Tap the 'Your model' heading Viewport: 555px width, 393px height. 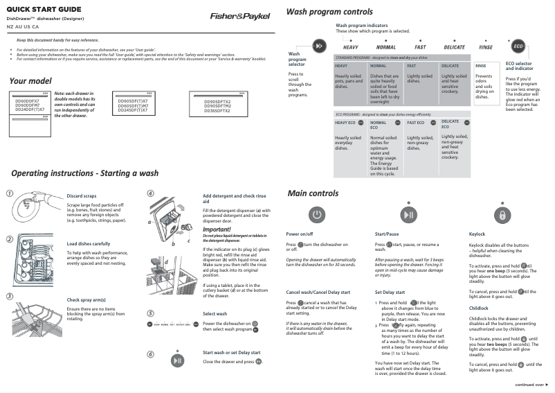(30, 81)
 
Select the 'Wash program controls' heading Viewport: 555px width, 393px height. (329, 12)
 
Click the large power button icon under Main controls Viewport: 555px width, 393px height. (316, 215)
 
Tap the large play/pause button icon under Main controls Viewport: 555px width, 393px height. (410, 215)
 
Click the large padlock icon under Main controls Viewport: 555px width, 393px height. (503, 215)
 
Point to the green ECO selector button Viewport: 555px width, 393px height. (518, 46)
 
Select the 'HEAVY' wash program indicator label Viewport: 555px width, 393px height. (351, 47)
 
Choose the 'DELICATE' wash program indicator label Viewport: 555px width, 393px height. (454, 47)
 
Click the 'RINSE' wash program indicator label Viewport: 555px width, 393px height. (486, 47)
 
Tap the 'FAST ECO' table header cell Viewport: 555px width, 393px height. (416, 122)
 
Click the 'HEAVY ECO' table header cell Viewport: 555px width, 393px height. (345, 122)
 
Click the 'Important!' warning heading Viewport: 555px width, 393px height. (217, 229)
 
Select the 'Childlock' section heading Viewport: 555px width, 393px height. (479, 308)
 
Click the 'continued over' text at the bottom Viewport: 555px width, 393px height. (529, 384)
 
